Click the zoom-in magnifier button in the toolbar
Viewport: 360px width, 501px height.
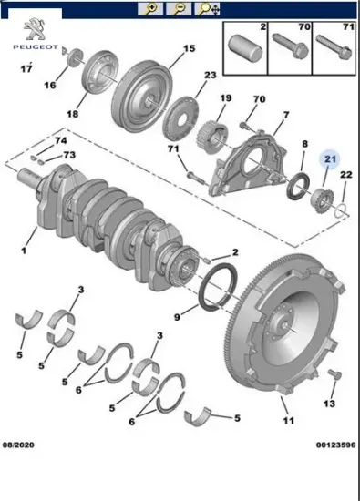point(150,8)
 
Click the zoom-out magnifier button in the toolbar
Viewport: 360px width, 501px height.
point(179,8)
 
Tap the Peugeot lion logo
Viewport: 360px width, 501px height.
point(36,30)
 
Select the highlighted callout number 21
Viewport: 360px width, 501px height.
point(330,158)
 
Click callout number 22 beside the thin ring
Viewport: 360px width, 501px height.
point(345,175)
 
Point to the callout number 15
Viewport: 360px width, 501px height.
point(189,48)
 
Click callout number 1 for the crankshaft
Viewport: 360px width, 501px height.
point(24,250)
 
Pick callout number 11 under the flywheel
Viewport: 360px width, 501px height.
point(288,421)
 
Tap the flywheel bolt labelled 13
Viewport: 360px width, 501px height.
point(334,374)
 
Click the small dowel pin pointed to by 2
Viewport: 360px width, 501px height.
point(206,260)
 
